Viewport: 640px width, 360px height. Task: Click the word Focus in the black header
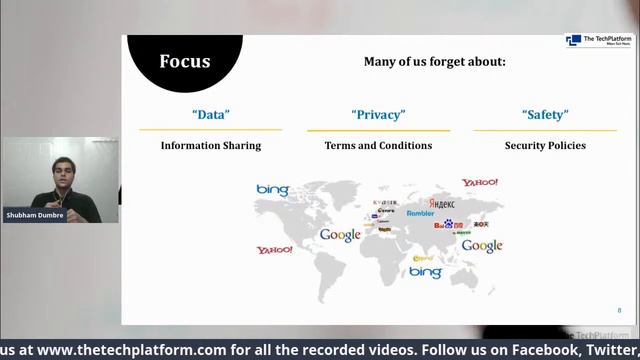(x=185, y=62)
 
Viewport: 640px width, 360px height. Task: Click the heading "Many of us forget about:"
(x=434, y=62)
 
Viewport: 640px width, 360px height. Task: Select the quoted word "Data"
(x=210, y=115)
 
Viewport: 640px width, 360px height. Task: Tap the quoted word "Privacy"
(x=378, y=115)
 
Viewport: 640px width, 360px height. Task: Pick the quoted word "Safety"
(x=545, y=115)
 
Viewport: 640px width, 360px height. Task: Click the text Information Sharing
(x=211, y=146)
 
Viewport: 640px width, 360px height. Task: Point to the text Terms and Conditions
(x=378, y=146)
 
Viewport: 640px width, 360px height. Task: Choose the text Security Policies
(x=545, y=146)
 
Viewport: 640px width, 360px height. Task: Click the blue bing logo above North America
(x=272, y=190)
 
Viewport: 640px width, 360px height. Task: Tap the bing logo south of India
(x=425, y=272)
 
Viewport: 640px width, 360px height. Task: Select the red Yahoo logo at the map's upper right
(x=480, y=183)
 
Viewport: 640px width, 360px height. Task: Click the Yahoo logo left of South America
(x=274, y=250)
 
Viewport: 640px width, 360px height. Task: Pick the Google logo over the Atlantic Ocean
(x=340, y=235)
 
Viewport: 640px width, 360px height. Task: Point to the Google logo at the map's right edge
(x=482, y=246)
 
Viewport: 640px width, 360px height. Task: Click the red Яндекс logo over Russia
(x=441, y=203)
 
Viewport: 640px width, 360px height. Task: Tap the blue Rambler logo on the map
(x=420, y=214)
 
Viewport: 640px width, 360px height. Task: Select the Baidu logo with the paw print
(x=448, y=225)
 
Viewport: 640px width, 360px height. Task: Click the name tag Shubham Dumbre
(x=34, y=215)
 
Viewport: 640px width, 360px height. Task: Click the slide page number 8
(x=619, y=310)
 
